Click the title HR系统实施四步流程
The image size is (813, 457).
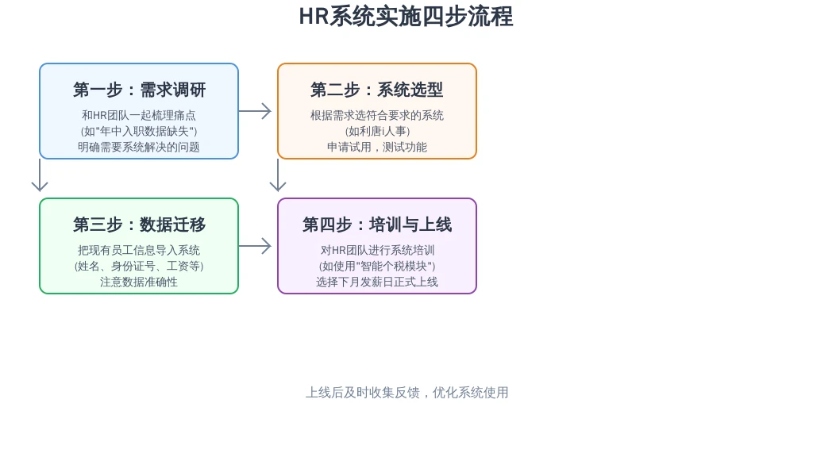(x=406, y=16)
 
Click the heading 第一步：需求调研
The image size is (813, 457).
(x=139, y=90)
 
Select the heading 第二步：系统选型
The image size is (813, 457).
(x=377, y=90)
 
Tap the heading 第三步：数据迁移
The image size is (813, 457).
(x=139, y=225)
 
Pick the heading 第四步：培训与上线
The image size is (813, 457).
(x=377, y=225)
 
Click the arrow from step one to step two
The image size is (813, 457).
(x=255, y=111)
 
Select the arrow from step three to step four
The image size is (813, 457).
(x=255, y=246)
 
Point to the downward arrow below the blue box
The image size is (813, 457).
(x=40, y=175)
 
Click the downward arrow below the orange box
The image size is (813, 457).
(x=278, y=175)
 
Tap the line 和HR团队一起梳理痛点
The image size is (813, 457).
(x=139, y=115)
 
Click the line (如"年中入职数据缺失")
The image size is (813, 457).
(x=139, y=131)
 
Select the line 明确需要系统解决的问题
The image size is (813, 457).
(x=139, y=147)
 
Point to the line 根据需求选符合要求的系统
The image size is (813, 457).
(x=377, y=115)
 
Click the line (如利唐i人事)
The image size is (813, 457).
(x=377, y=131)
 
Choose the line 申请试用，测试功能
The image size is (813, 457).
(x=377, y=147)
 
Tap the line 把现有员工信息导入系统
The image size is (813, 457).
(x=139, y=250)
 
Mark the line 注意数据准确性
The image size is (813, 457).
(x=139, y=282)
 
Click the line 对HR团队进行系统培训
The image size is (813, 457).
(x=377, y=250)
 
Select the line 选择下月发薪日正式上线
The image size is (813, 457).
(x=377, y=282)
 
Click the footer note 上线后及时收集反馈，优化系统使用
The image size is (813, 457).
(x=407, y=393)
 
